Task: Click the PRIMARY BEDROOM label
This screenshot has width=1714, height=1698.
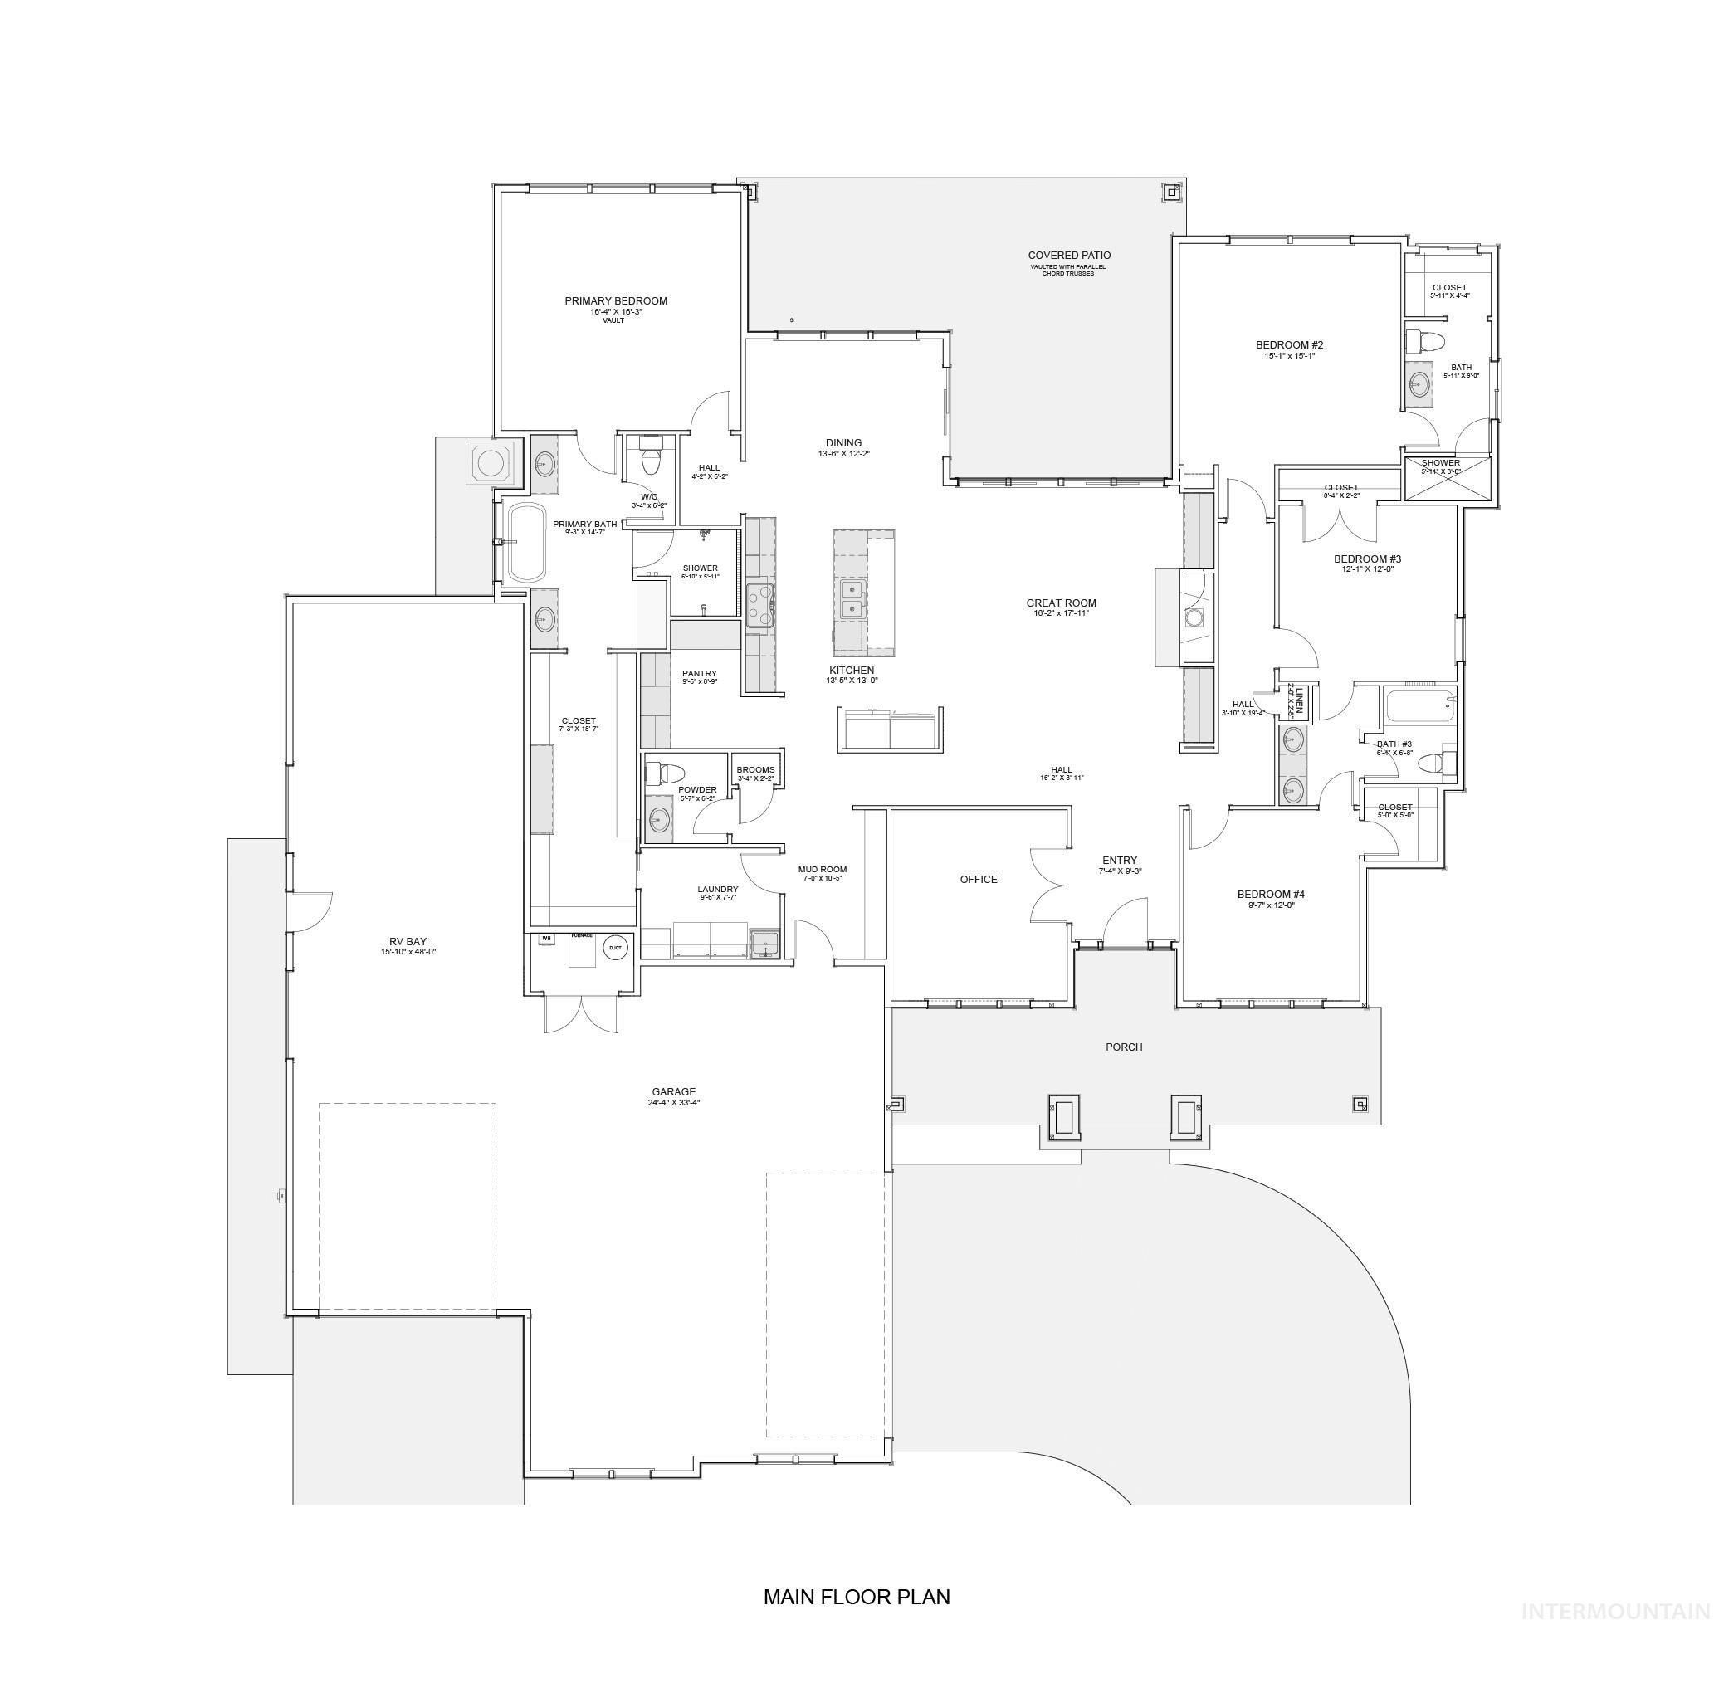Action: pyautogui.click(x=616, y=300)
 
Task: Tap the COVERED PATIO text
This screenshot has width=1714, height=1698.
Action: pyautogui.click(x=1069, y=256)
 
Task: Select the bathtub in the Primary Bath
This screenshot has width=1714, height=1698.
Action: pyautogui.click(x=525, y=543)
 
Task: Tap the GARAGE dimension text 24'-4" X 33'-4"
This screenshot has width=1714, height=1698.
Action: pyautogui.click(x=673, y=1103)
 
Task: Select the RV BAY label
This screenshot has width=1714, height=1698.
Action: pyautogui.click(x=408, y=941)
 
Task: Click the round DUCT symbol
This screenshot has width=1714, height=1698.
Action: pyautogui.click(x=614, y=948)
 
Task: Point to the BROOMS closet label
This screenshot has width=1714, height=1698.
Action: pyautogui.click(x=755, y=770)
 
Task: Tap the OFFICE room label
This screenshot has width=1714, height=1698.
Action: pyautogui.click(x=979, y=879)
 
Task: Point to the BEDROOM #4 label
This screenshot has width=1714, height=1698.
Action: pyautogui.click(x=1271, y=895)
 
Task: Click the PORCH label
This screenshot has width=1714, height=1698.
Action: pyautogui.click(x=1123, y=1047)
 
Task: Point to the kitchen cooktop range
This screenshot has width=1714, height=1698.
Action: pyautogui.click(x=759, y=606)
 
